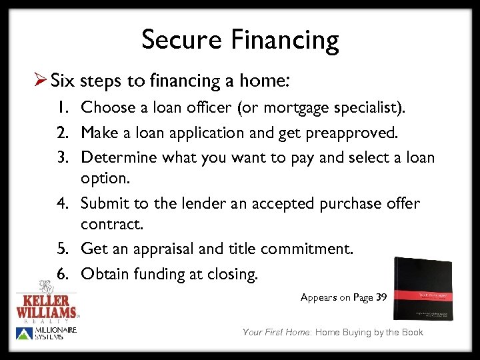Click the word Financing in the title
click(285, 41)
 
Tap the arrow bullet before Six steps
click(39, 81)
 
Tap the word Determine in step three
click(116, 158)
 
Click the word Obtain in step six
click(104, 273)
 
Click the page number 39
click(381, 297)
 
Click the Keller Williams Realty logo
click(47, 303)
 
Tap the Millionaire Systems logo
click(47, 334)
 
